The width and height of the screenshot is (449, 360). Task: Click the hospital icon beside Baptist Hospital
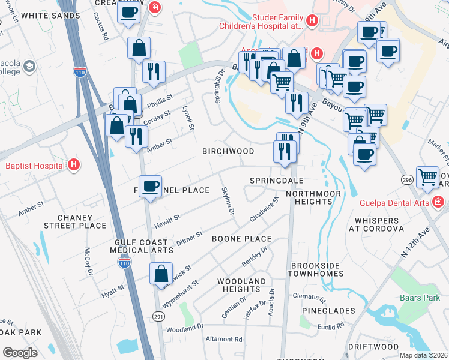coord(73,164)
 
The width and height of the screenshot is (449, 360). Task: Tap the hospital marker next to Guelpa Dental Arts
coord(438,202)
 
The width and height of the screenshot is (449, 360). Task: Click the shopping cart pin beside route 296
coord(427,176)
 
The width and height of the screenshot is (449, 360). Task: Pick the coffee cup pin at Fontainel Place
coord(150,185)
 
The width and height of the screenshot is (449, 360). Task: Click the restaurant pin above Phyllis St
coord(154,71)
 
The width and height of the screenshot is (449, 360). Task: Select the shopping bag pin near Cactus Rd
coord(139,48)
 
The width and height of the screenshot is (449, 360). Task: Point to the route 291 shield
coord(158,316)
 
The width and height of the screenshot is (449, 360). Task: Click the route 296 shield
coord(406,179)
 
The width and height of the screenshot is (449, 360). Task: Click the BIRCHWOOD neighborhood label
coord(228,151)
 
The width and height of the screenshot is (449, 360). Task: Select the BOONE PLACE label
coord(241,239)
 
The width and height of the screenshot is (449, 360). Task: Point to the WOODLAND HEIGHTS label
coord(241,285)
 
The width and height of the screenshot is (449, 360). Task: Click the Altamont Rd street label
coord(224,339)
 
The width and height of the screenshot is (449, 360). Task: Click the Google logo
coord(20,352)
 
